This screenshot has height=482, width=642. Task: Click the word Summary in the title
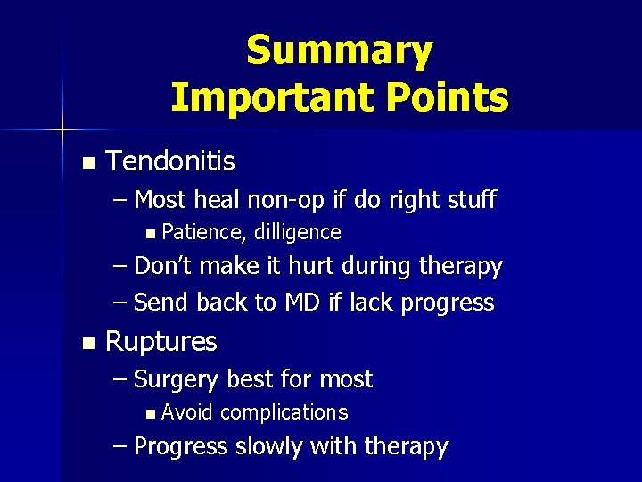point(339,51)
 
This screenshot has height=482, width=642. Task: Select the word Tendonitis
point(170,162)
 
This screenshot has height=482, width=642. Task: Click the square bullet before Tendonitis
point(86,163)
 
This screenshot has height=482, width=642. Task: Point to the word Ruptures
point(161,342)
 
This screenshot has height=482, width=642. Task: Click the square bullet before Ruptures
point(86,343)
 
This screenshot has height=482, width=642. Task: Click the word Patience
point(205,233)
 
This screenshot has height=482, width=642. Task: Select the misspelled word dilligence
point(298,233)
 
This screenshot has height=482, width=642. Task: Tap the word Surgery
point(176,379)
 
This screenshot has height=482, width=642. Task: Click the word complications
point(284,412)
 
